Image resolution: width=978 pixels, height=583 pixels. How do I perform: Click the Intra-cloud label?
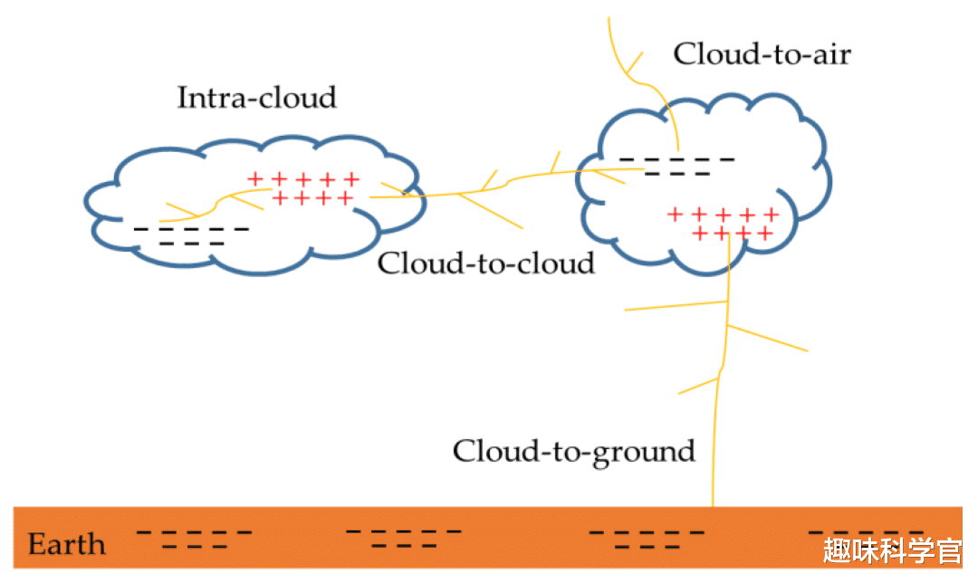click(256, 98)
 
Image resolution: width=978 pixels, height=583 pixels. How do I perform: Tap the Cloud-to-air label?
click(762, 54)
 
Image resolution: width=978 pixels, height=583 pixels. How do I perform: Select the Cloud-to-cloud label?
click(485, 263)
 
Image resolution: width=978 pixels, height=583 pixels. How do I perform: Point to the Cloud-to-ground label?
click(573, 450)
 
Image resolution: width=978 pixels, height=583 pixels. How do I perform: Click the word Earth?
click(67, 545)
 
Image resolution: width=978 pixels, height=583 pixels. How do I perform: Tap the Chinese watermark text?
click(892, 550)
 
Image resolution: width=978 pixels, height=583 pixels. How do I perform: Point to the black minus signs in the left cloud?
click(190, 236)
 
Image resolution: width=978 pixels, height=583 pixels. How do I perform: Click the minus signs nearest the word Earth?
click(194, 540)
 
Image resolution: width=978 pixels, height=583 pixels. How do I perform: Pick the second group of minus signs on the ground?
click(405, 539)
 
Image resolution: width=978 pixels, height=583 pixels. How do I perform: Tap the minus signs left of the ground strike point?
click(646, 540)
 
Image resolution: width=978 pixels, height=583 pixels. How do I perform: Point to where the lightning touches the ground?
click(713, 505)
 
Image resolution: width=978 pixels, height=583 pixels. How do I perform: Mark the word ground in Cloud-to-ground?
click(644, 452)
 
